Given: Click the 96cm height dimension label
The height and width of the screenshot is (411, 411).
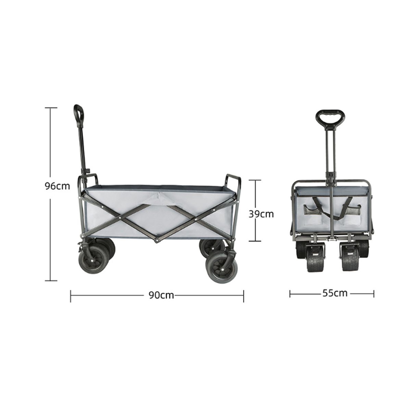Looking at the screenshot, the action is (58, 186).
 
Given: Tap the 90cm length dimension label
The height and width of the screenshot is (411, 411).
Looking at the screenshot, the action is (161, 295).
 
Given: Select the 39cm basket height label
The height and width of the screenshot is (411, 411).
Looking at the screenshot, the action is (261, 214).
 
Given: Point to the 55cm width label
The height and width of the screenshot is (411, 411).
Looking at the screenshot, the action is (335, 293).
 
